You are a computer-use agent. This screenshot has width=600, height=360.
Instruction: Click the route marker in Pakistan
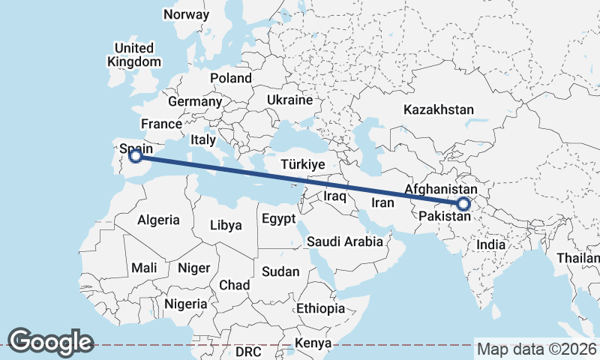point(463,203)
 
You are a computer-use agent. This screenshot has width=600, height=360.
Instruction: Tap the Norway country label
point(187,14)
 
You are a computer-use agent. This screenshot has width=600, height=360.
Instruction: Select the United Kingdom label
point(134,55)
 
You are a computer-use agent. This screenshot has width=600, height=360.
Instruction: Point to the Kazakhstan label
point(439,109)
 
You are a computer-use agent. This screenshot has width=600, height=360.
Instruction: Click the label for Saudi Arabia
point(345,241)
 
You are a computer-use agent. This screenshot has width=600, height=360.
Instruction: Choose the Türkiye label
point(301,164)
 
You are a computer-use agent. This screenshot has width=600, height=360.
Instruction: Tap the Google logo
point(51,341)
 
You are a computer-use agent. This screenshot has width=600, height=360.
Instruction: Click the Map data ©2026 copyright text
point(537,349)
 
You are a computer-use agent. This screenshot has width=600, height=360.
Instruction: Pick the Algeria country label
point(158,220)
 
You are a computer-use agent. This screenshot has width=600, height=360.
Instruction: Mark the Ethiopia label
point(320,308)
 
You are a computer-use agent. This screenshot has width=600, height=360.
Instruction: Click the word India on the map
point(491,244)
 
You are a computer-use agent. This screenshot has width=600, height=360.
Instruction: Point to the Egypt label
point(279,219)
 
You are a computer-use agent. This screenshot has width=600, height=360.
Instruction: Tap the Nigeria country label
point(185,304)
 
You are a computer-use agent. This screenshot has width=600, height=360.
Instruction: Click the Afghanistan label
point(441,190)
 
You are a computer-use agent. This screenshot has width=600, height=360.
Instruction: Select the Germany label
point(195,101)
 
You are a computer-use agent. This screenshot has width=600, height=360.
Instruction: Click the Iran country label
point(383,202)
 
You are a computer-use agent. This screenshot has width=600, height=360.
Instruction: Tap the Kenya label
point(313,343)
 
